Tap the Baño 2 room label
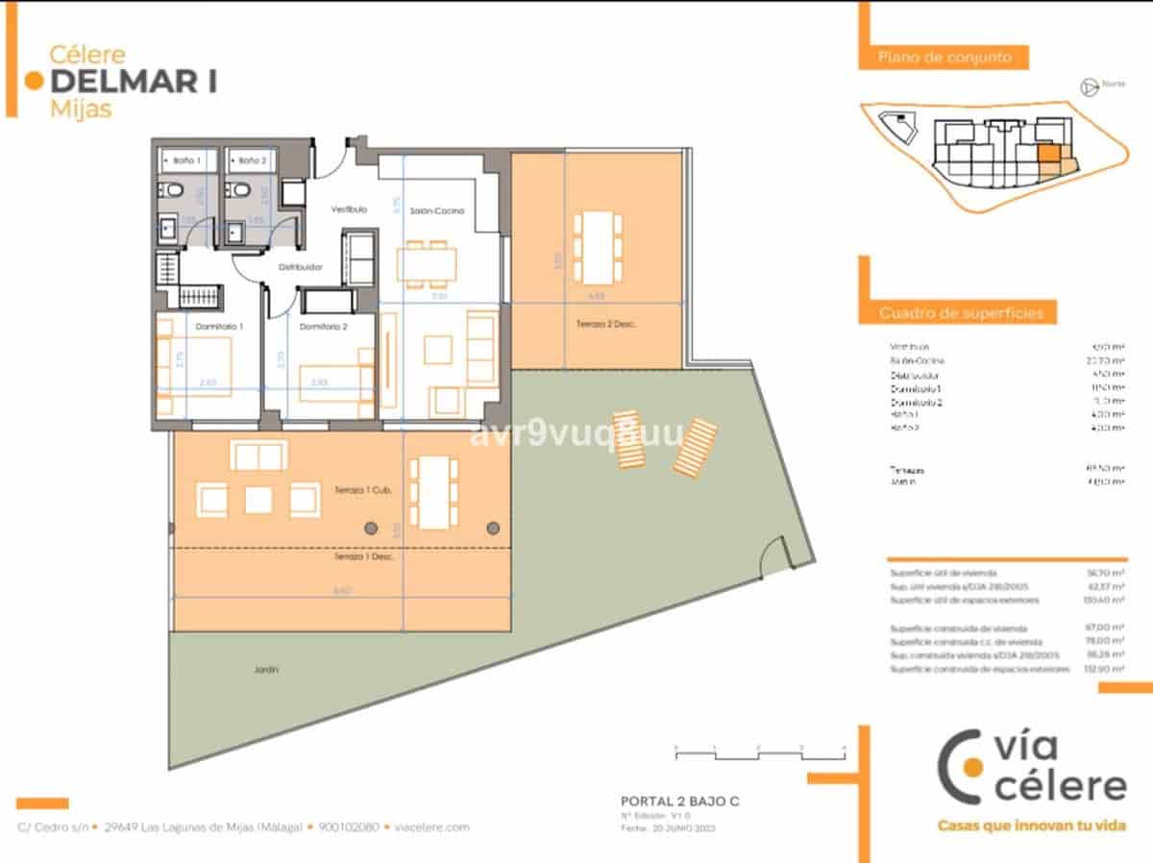click(252, 160)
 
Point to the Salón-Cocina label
click(437, 211)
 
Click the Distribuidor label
click(300, 268)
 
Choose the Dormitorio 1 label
click(219, 327)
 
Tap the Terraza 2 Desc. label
click(607, 325)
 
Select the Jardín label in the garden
click(267, 670)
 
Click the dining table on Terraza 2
click(597, 245)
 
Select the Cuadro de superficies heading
click(961, 313)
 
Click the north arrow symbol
click(1090, 86)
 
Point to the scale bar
click(759, 752)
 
